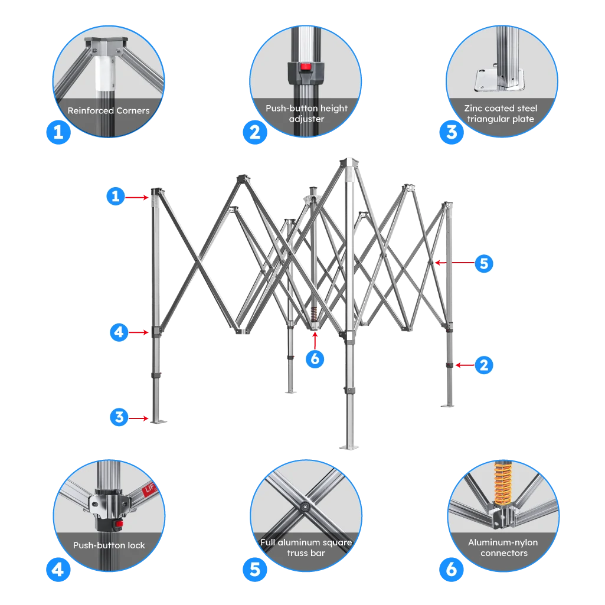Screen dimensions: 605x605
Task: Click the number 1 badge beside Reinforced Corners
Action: pyautogui.click(x=58, y=132)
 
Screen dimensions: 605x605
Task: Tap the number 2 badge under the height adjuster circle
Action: pyautogui.click(x=254, y=132)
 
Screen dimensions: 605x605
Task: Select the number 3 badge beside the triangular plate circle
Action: pyautogui.click(x=452, y=132)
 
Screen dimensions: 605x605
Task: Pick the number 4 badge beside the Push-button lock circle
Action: pyautogui.click(x=58, y=570)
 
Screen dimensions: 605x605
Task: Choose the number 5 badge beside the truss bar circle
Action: pyautogui.click(x=254, y=570)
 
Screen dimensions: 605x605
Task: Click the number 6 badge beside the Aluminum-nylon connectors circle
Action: pyautogui.click(x=452, y=570)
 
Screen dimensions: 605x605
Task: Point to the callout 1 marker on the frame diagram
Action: pyautogui.click(x=116, y=196)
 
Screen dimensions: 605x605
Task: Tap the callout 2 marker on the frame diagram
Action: pyautogui.click(x=484, y=365)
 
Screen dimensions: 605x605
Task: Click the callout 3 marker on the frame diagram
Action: pyautogui.click(x=119, y=417)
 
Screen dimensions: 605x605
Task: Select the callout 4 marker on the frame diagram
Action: pyautogui.click(x=119, y=333)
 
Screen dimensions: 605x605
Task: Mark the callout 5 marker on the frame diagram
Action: pyautogui.click(x=484, y=263)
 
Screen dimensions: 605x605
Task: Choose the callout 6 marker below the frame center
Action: pyautogui.click(x=315, y=358)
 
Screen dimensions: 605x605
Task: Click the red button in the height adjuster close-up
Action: pyautogui.click(x=305, y=67)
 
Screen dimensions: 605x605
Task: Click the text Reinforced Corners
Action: pyautogui.click(x=109, y=110)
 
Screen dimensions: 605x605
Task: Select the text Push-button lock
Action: pyautogui.click(x=109, y=545)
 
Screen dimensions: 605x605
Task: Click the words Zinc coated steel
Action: pyautogui.click(x=501, y=109)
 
